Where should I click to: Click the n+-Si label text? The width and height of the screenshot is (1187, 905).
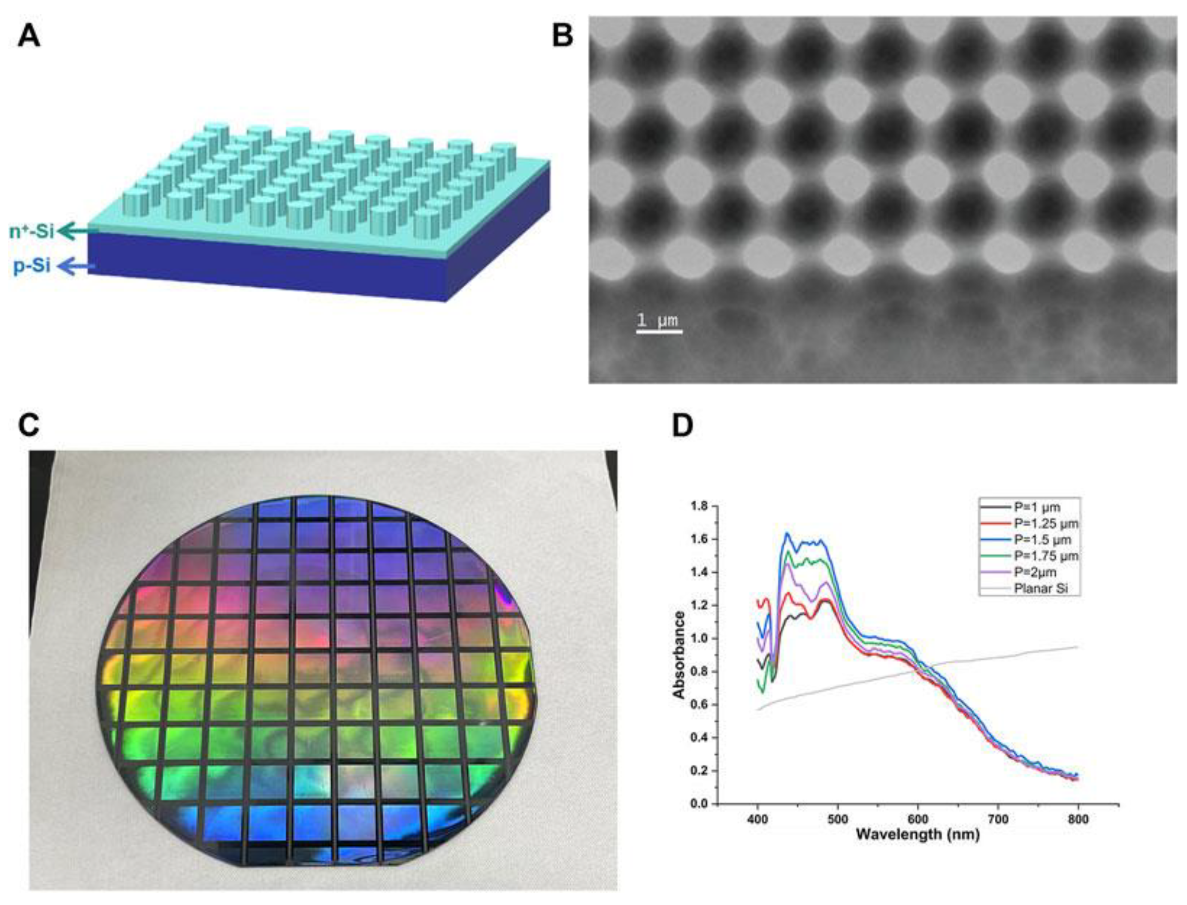pyautogui.click(x=32, y=232)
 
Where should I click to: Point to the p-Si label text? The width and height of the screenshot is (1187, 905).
pyautogui.click(x=32, y=266)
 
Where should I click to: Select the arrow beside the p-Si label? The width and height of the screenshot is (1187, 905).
pyautogui.click(x=76, y=266)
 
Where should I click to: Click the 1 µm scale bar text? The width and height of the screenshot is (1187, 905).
pyautogui.click(x=657, y=321)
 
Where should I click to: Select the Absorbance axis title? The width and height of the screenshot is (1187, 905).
pyautogui.click(x=679, y=655)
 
